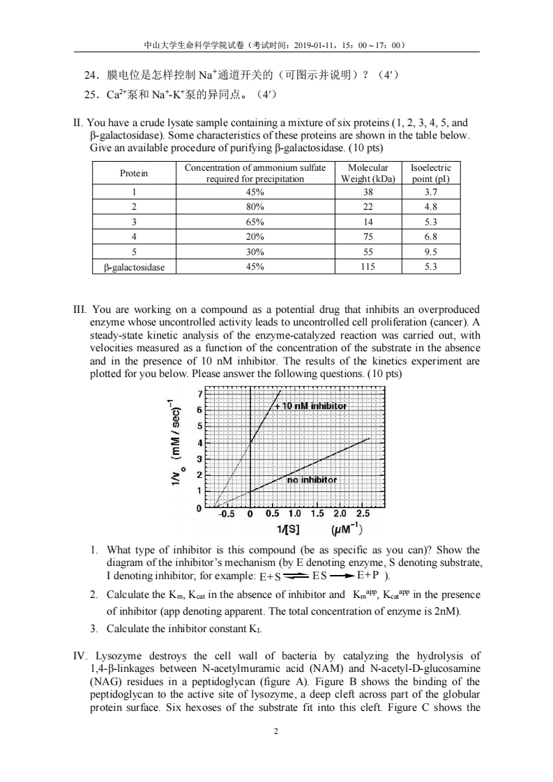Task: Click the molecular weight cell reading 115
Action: pyautogui.click(x=368, y=267)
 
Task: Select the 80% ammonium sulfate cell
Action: pyautogui.click(x=255, y=206)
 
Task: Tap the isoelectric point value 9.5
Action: pyautogui.click(x=430, y=252)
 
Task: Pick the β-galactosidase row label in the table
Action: pyautogui.click(x=134, y=267)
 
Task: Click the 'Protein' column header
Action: pyautogui.click(x=134, y=173)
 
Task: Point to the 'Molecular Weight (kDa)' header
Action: pyautogui.click(x=368, y=173)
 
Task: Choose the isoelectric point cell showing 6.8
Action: pyautogui.click(x=430, y=236)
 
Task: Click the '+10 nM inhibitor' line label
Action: pyautogui.click(x=310, y=406)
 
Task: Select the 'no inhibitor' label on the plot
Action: pyautogui.click(x=312, y=480)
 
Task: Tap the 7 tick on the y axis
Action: pyautogui.click(x=201, y=393)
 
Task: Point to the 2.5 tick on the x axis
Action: pyautogui.click(x=363, y=514)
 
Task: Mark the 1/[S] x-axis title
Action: pyautogui.click(x=288, y=530)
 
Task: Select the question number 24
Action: pyautogui.click(x=91, y=75)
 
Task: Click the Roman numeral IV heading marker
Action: pyautogui.click(x=79, y=656)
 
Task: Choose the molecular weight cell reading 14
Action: pyautogui.click(x=368, y=222)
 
